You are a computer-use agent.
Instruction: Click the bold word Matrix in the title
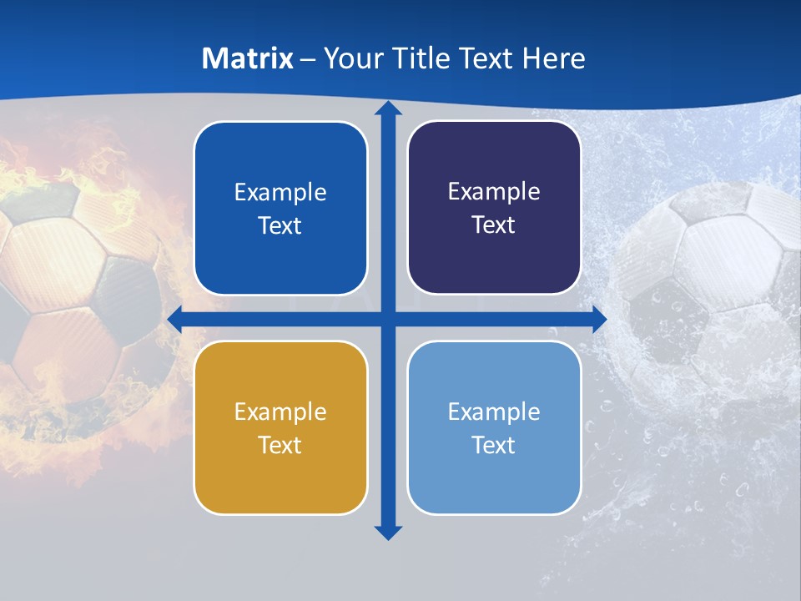click(x=248, y=58)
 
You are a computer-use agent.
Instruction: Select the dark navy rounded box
click(x=494, y=208)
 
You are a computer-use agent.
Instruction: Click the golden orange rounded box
click(x=280, y=427)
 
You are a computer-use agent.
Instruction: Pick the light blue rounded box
click(x=494, y=427)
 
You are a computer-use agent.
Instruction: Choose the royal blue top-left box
click(x=280, y=208)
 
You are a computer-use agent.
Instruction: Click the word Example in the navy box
click(x=494, y=191)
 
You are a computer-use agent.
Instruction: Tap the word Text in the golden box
click(x=280, y=445)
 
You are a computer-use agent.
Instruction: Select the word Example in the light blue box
click(x=494, y=412)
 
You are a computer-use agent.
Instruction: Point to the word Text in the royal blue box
click(x=280, y=225)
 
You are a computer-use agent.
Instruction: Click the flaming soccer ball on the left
click(x=75, y=292)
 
